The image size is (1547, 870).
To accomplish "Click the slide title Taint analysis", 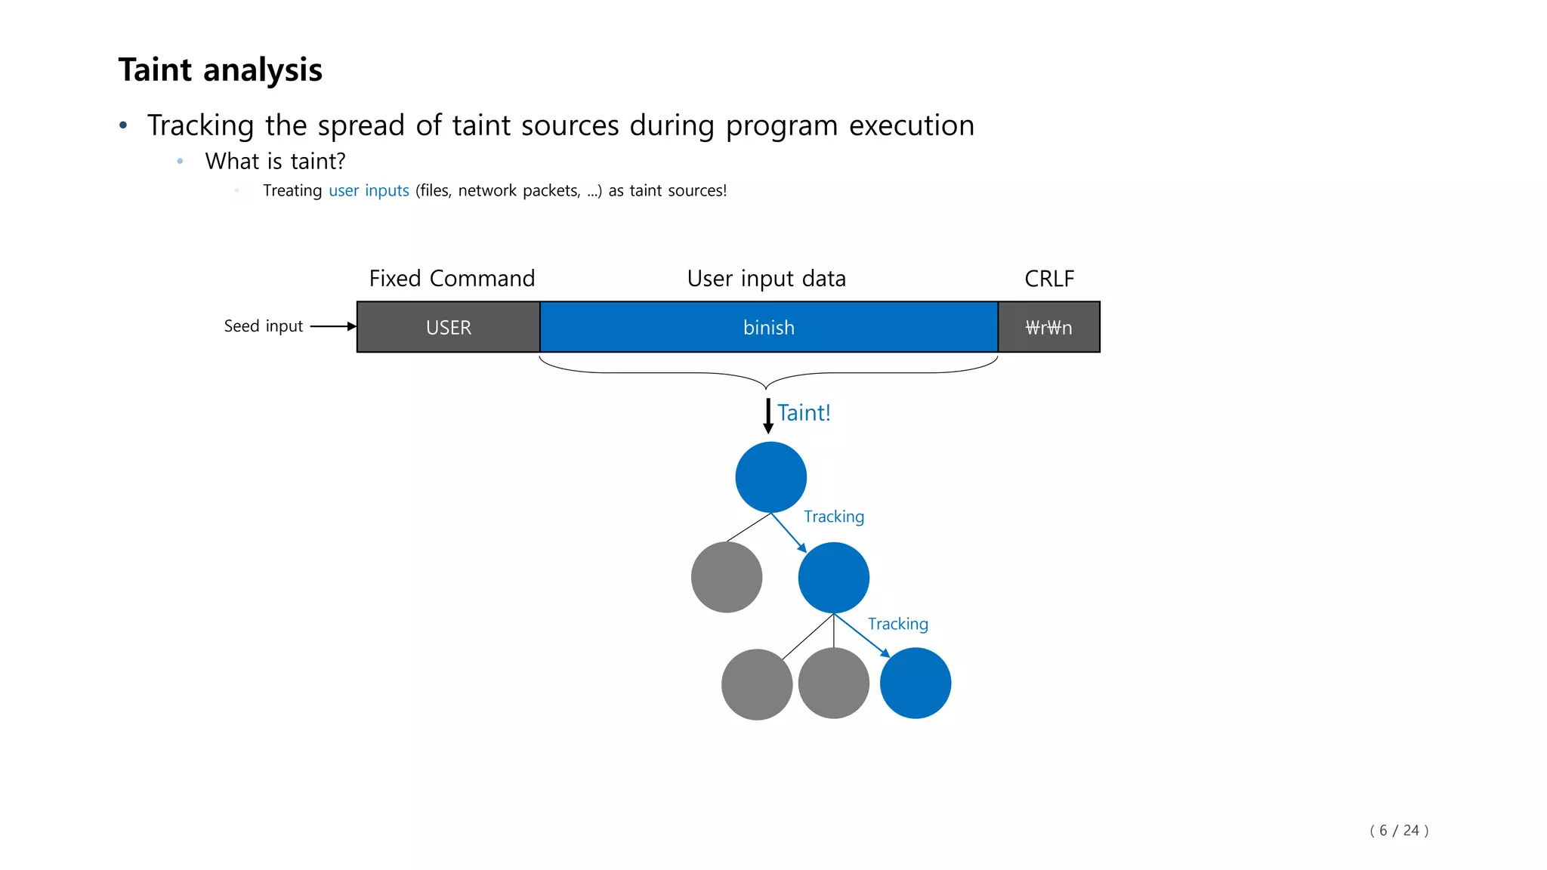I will [220, 70].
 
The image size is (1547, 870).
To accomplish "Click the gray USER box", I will [448, 327].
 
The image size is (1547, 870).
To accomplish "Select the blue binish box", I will [768, 327].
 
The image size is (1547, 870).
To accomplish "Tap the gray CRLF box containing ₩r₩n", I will [1048, 327].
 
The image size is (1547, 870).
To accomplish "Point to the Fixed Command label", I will [452, 279].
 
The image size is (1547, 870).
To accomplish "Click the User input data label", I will [766, 279].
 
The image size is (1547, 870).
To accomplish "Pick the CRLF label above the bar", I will [1048, 279].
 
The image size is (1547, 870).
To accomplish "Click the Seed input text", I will [263, 326].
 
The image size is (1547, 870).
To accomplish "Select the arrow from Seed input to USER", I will [332, 326].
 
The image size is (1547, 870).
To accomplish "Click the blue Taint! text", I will [804, 413].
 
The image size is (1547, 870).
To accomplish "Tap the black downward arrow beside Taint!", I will [768, 416].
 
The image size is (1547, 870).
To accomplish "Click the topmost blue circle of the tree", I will [770, 477].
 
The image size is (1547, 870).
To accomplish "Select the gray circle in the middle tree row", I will [727, 577].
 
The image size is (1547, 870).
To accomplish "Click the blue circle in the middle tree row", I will [833, 578].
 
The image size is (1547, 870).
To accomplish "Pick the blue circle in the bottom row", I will [915, 683].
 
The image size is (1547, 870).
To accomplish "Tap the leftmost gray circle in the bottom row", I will [757, 684].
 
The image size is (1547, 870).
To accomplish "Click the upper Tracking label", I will [833, 517].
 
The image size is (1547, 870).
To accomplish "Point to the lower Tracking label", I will [897, 624].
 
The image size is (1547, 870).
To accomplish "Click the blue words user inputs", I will [369, 190].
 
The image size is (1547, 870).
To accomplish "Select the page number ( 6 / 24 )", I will [1398, 830].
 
